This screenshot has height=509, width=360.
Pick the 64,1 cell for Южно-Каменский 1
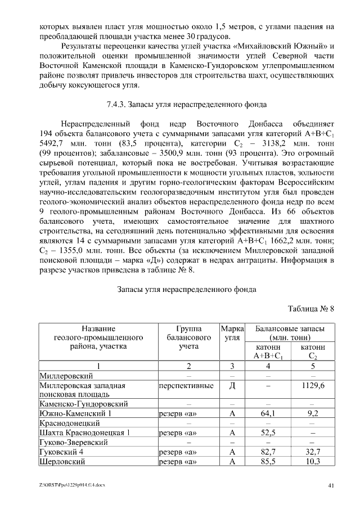(268, 413)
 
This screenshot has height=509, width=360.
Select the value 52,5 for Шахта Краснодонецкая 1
(268, 433)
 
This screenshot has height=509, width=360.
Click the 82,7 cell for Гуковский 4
(268, 452)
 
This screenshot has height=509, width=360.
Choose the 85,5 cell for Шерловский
(268, 461)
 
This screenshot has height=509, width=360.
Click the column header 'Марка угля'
(232, 332)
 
